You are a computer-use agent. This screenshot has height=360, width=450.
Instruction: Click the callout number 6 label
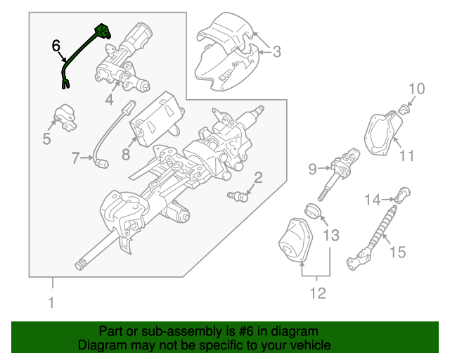pyautogui.click(x=56, y=46)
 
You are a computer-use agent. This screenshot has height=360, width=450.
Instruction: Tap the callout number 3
pyautogui.click(x=276, y=51)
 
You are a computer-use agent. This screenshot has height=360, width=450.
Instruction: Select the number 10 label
pyautogui.click(x=417, y=89)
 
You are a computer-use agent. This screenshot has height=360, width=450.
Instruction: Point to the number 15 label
pyautogui.click(x=397, y=252)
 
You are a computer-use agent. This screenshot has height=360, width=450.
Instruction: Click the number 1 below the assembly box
pyautogui.click(x=51, y=304)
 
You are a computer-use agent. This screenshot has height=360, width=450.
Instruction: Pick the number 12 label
pyautogui.click(x=318, y=293)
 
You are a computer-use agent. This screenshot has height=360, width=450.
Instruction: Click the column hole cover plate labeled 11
pyautogui.click(x=382, y=137)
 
